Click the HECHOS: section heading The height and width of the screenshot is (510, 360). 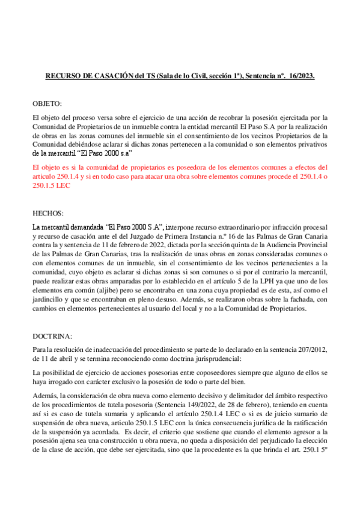tap(46, 214)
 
